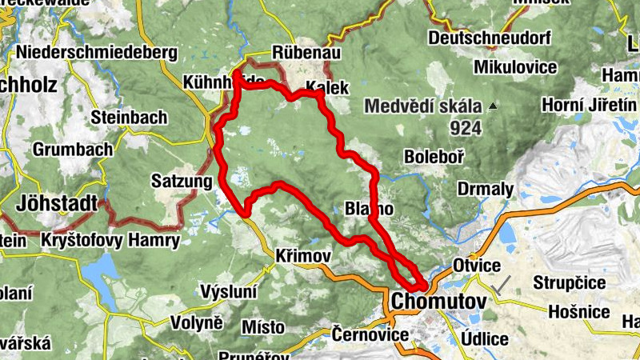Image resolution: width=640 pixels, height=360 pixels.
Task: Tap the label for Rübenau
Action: pos(307,52)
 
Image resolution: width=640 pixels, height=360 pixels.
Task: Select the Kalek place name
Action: pos(328,87)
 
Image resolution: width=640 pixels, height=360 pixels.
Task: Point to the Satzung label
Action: pos(178,181)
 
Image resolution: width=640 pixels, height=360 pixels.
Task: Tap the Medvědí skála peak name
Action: pos(423,106)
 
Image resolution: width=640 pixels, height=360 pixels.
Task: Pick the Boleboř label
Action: pos(434,157)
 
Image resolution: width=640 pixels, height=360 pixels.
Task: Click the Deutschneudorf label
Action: pos(490,38)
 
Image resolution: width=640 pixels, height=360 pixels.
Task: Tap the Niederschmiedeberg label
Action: pos(95,52)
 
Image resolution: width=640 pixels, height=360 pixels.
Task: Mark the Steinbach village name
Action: pos(129,117)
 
